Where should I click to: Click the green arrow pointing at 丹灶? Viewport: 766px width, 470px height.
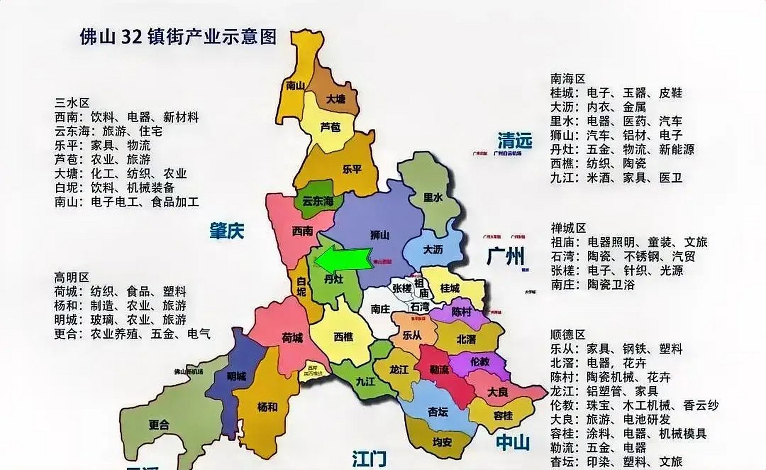343,260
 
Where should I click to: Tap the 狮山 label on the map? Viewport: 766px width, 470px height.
379,235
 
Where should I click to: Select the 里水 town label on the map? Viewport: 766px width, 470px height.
433,198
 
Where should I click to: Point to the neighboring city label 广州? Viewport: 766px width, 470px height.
506,256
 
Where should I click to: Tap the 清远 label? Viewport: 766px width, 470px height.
515,140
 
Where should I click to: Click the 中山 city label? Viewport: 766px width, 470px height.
513,442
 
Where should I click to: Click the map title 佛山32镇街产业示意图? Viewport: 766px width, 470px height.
178,37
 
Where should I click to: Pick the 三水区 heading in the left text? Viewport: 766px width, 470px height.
72,102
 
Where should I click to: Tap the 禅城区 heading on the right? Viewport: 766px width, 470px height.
568,228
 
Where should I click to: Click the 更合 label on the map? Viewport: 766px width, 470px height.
159,425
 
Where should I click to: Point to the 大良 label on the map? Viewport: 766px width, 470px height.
497,392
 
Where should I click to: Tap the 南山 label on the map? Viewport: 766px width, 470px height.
295,86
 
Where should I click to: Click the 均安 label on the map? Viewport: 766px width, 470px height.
442,442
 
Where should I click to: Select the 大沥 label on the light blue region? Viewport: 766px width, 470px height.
433,250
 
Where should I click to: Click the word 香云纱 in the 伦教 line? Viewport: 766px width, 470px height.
700,405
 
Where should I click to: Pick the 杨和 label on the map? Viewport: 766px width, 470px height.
267,407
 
